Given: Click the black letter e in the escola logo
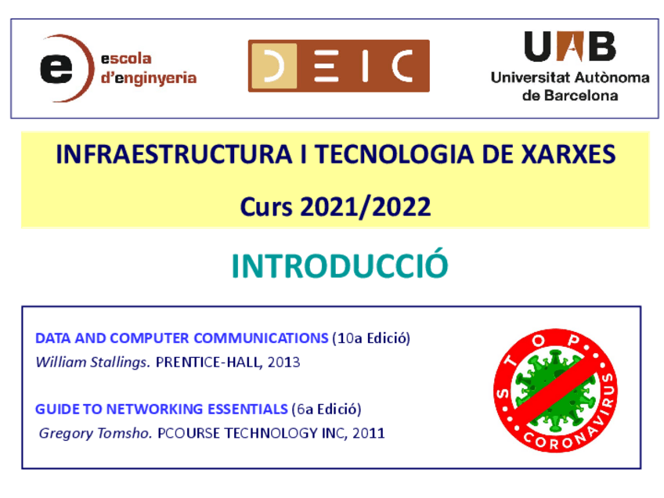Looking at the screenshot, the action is pos(56,68).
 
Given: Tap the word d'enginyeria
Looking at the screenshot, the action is pos(149,78).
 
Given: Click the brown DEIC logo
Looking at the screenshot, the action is pos(339,66).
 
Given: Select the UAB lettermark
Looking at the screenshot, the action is pos(570,46).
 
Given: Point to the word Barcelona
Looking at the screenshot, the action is pos(581,96).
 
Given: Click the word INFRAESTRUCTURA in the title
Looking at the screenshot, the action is pos(174,153).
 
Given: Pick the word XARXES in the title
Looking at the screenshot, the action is pos(568,153).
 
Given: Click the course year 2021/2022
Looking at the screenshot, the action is pos(366,207).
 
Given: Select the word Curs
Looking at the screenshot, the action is pos(266,207).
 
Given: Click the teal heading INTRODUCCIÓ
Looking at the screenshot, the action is pos(340,265).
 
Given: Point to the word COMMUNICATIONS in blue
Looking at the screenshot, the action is pos(261,338).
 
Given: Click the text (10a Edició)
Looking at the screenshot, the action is pos(371,338).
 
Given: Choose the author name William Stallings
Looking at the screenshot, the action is pos(92,363).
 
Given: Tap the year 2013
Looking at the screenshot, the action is pos(283,363).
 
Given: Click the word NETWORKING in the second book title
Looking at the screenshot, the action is pos(154,409).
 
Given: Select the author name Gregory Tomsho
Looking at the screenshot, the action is pos(96,434).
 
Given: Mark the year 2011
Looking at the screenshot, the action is pos(369,433).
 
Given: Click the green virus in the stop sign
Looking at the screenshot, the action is pos(555,391).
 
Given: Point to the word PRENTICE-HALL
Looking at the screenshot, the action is pos(209,363).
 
